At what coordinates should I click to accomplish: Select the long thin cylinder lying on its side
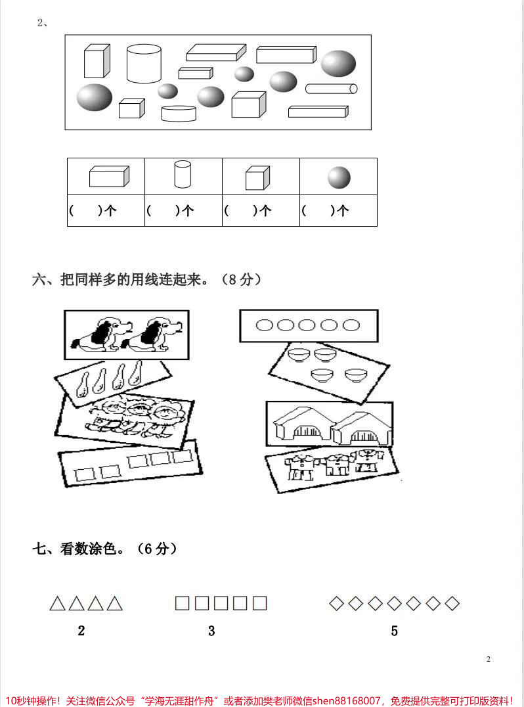pyautogui.click(x=332, y=89)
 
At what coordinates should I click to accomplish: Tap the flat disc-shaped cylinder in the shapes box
pyautogui.click(x=179, y=114)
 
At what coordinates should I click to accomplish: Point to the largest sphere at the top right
pyautogui.click(x=338, y=63)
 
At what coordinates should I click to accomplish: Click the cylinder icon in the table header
pyautogui.click(x=183, y=175)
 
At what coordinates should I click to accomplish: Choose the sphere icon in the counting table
pyautogui.click(x=339, y=177)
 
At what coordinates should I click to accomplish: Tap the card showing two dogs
pyautogui.click(x=126, y=334)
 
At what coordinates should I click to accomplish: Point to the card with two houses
pyautogui.click(x=329, y=427)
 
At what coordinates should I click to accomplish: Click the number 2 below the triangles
pyautogui.click(x=81, y=631)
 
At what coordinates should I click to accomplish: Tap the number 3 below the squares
pyautogui.click(x=211, y=631)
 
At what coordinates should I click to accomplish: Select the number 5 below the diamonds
pyautogui.click(x=394, y=631)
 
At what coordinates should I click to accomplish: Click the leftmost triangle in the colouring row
pyautogui.click(x=57, y=603)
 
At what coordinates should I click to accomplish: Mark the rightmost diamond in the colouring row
pyautogui.click(x=452, y=603)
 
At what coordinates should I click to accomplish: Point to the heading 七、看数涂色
pyautogui.click(x=105, y=549)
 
